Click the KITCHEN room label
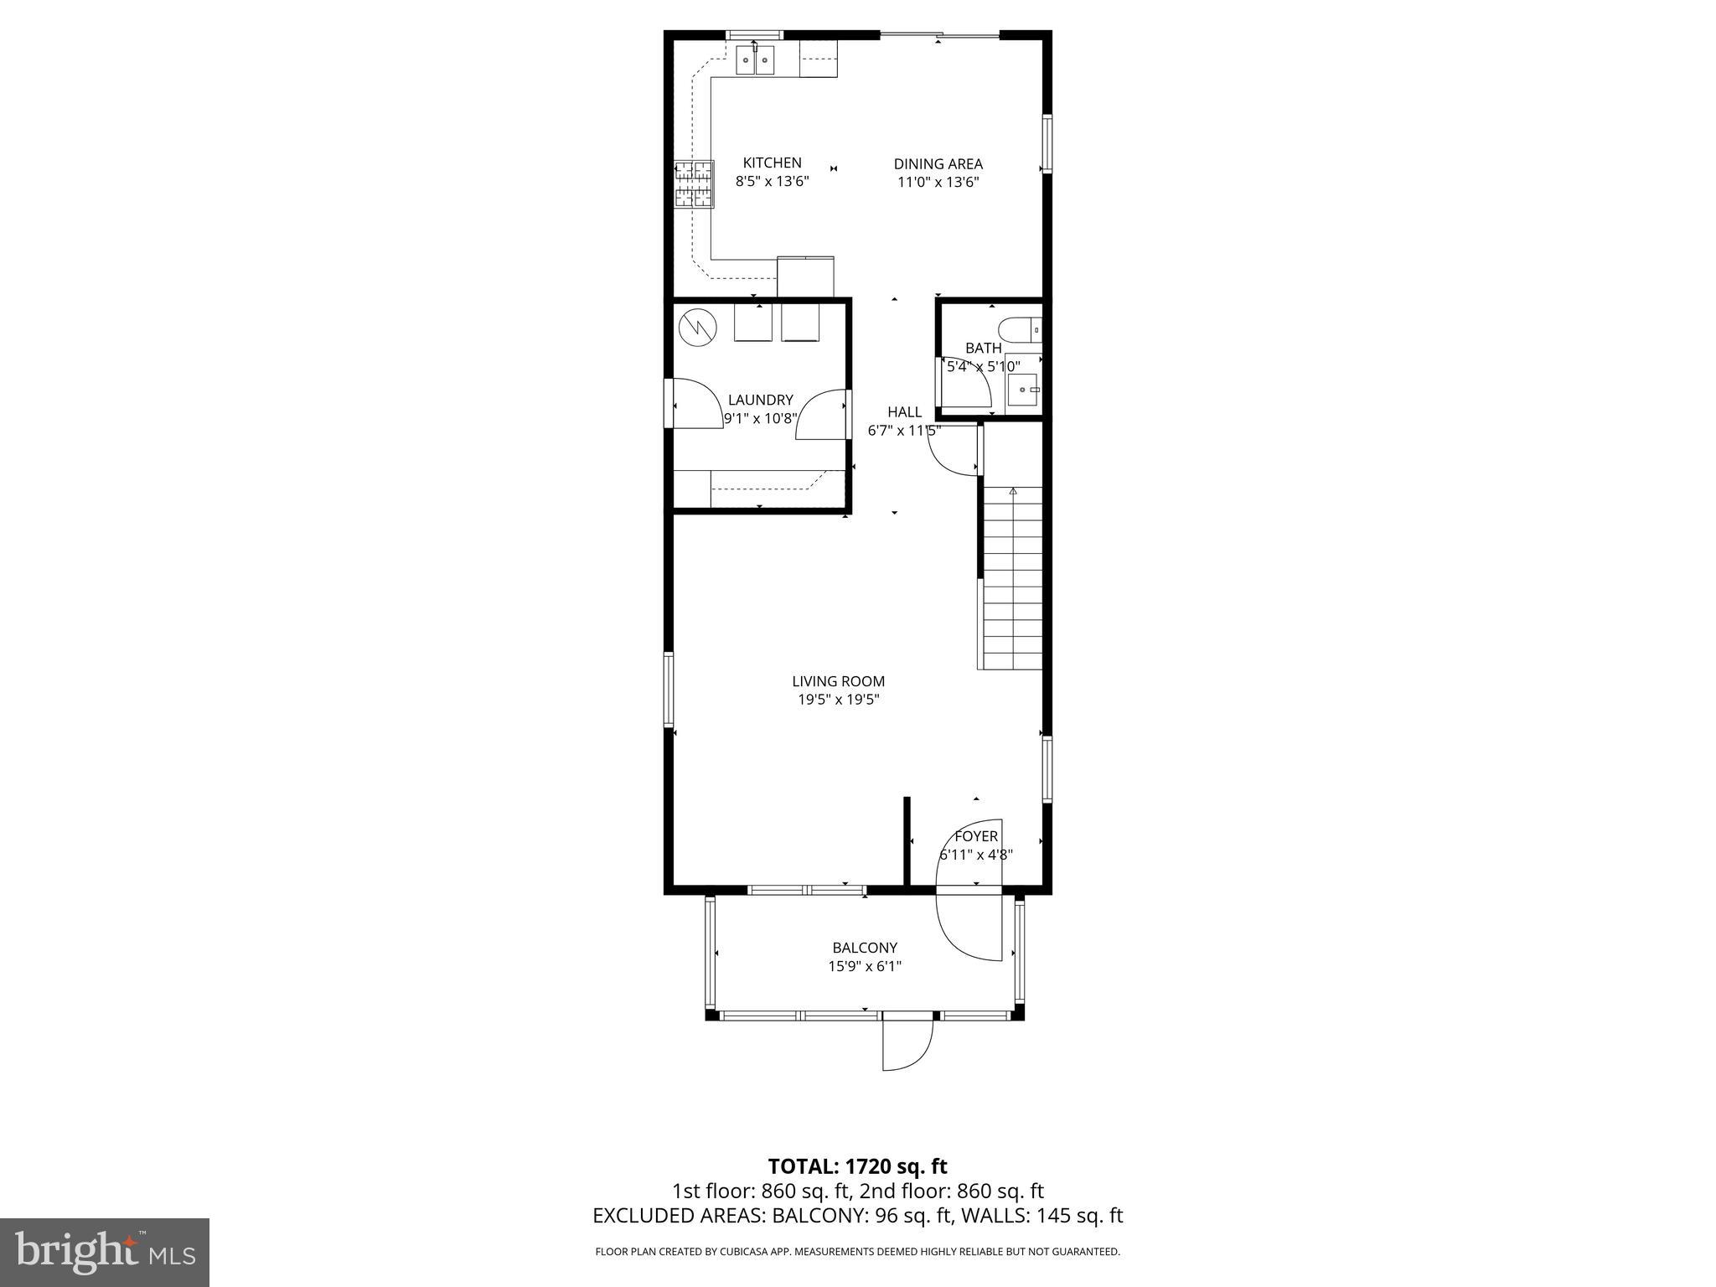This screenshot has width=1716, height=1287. (x=772, y=163)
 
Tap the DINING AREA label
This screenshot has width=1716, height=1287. (x=938, y=164)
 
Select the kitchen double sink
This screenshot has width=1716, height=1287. (x=756, y=60)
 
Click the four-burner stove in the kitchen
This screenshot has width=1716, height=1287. (x=693, y=183)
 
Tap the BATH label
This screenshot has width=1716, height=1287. (x=983, y=348)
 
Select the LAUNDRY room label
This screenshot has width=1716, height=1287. (x=760, y=401)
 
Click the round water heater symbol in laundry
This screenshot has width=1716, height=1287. (x=697, y=328)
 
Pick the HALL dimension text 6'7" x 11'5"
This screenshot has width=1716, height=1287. (x=904, y=431)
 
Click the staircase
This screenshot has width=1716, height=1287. (x=1012, y=578)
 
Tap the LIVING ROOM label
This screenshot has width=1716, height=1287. (x=838, y=681)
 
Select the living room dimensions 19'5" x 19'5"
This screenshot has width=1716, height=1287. (x=838, y=700)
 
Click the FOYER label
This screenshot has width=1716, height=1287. (x=976, y=836)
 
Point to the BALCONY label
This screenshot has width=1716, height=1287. (x=865, y=948)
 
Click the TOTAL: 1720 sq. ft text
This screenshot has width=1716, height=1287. (x=857, y=1166)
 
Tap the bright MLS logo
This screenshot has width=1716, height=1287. (x=105, y=1252)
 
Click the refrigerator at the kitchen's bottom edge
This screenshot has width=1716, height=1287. (x=805, y=277)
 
